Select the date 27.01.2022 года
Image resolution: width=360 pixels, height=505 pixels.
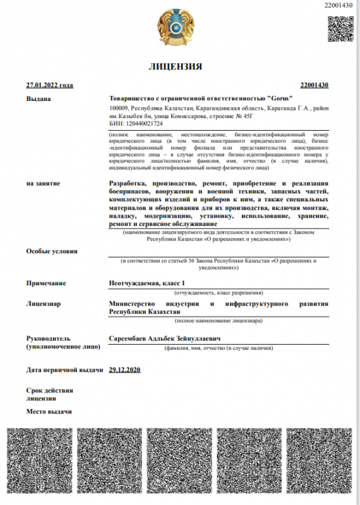(50, 85)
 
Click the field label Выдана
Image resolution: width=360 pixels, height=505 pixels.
(39, 98)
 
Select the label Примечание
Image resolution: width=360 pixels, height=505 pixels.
(46, 283)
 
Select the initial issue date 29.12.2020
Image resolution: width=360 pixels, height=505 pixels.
(124, 369)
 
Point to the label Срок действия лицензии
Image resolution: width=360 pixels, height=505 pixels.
(49, 395)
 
